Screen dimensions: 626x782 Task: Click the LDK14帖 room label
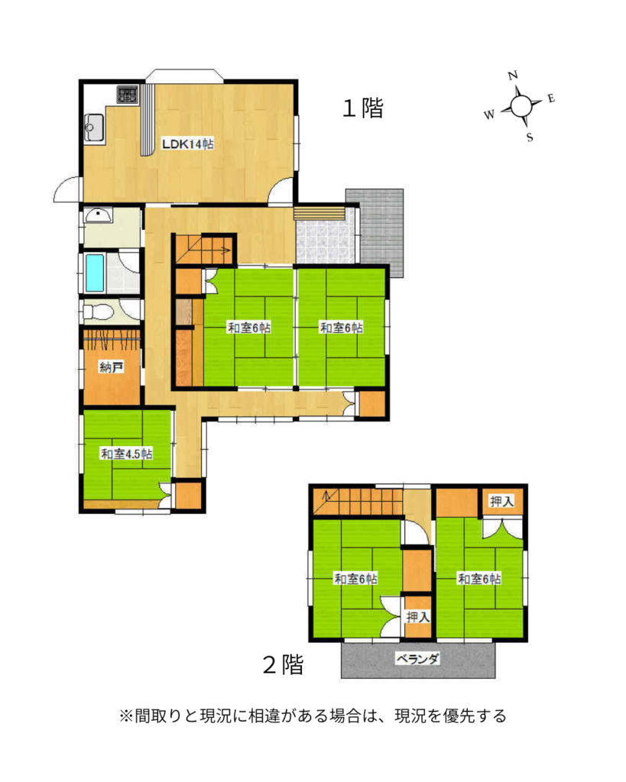point(188,144)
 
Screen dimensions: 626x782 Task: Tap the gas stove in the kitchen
point(128,94)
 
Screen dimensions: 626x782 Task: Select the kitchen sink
point(93,128)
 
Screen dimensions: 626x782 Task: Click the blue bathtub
point(94,273)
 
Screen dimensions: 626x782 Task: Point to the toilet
point(99,312)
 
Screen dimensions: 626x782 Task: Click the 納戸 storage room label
point(112,367)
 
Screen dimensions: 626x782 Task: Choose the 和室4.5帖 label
point(126,454)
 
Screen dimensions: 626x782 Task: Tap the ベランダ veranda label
point(417,659)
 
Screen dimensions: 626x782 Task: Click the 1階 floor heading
point(363,108)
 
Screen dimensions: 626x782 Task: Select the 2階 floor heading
point(283,664)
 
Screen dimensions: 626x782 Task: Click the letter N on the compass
point(513,76)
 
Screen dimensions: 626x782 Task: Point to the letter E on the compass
point(551,99)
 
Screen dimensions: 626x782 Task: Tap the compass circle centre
point(521,105)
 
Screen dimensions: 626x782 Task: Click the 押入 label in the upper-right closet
point(501,501)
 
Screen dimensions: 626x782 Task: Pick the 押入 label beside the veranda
point(417,617)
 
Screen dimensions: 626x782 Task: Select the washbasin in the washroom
point(99,216)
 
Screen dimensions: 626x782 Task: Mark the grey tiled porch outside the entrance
point(381,232)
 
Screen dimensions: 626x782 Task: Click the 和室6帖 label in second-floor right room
point(479,579)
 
